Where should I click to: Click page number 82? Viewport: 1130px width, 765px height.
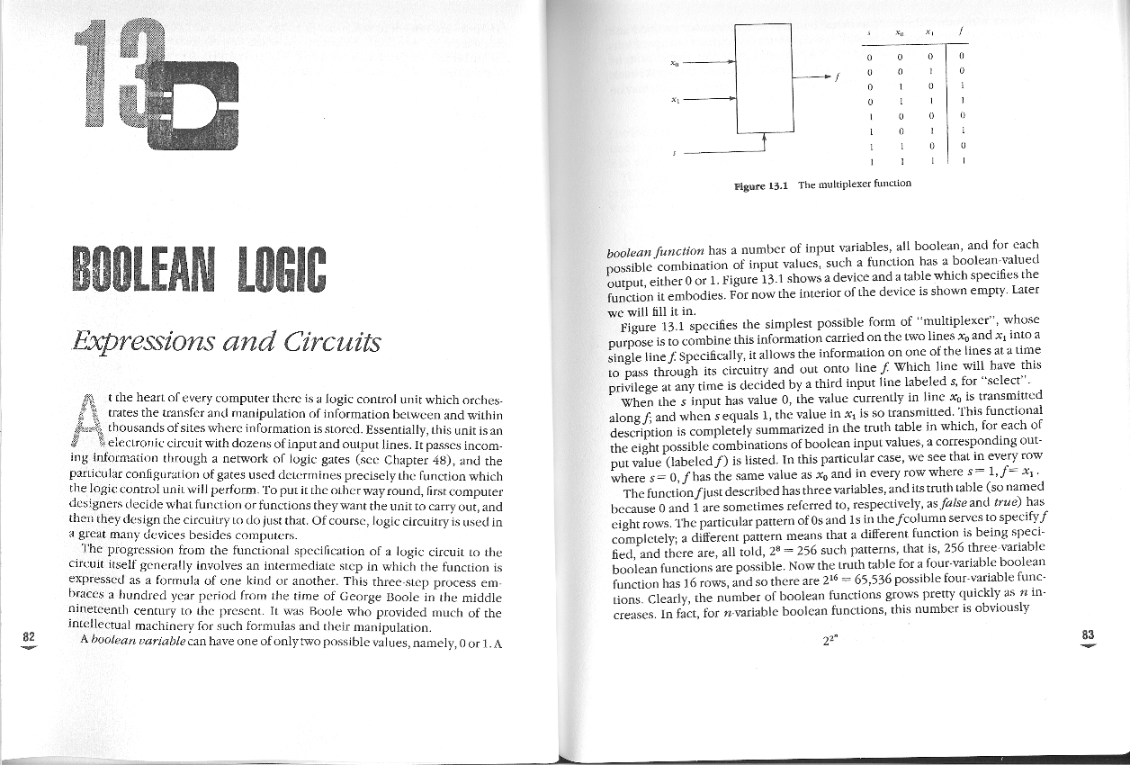[x=29, y=636]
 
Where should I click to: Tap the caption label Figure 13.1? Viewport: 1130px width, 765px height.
[x=761, y=184]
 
